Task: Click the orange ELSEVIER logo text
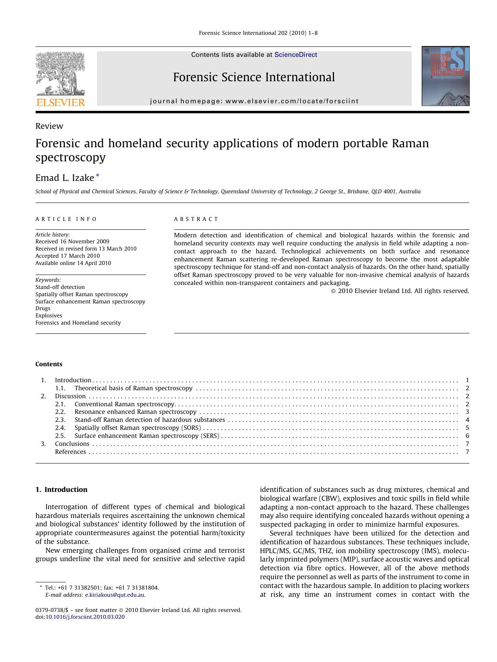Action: [60, 102]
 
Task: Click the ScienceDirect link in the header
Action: [296, 55]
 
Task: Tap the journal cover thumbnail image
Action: [445, 76]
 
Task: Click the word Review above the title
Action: [49, 126]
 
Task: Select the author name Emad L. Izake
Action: [64, 178]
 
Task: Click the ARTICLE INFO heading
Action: [66, 219]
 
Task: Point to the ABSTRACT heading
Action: [196, 219]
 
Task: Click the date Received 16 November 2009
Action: [72, 241]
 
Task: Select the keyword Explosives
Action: [48, 315]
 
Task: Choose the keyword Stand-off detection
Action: [60, 287]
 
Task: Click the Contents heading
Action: [49, 364]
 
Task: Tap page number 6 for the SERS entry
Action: [467, 436]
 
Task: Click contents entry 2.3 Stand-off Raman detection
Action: [149, 420]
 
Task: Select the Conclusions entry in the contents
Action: [72, 444]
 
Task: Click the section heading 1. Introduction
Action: [61, 489]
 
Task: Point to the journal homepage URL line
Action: [254, 101]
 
